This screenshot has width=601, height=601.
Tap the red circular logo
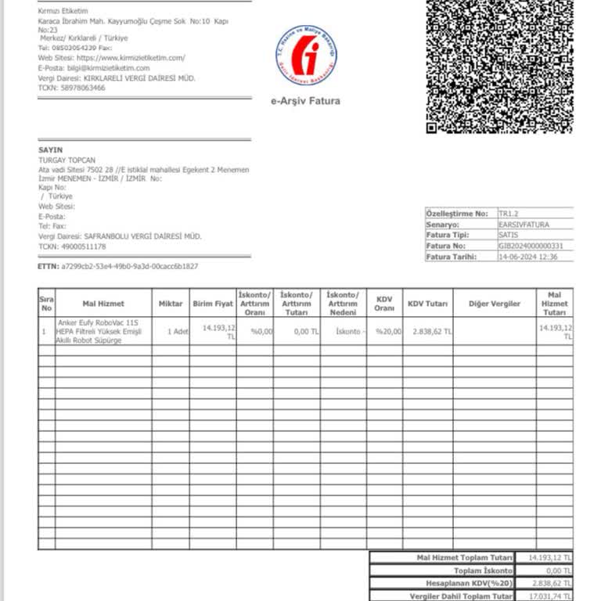306,56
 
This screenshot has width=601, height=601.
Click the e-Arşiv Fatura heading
305,101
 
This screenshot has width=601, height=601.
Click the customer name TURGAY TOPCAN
64,160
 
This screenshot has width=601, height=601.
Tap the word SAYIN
50,149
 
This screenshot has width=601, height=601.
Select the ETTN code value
129,266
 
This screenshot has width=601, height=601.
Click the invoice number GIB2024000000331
531,246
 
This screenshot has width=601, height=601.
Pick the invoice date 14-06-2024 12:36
527,256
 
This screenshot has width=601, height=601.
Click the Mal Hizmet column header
103,304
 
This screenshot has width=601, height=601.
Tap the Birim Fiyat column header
213,304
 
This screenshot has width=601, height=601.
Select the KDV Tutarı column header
427,304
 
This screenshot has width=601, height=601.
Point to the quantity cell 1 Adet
178,331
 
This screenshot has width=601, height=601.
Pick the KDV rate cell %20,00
388,331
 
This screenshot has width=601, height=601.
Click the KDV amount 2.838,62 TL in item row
432,331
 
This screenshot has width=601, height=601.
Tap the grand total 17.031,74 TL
545,596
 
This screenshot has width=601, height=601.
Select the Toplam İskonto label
488,570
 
